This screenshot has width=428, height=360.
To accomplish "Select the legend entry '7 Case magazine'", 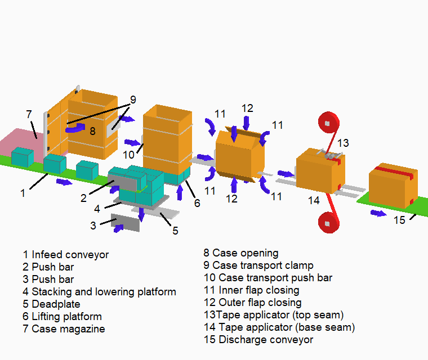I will [64, 329].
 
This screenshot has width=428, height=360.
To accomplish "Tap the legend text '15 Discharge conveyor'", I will [258, 340].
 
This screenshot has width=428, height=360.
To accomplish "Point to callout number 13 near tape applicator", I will [343, 142].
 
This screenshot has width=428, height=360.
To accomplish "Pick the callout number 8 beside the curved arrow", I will [93, 131].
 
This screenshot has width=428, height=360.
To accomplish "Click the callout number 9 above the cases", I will [133, 100].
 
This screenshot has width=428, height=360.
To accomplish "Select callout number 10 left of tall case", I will [129, 154].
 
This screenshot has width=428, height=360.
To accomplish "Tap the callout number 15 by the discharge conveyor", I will [399, 220].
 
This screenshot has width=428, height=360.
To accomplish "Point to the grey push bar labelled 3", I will [126, 223].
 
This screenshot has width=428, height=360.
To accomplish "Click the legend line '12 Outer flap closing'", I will [252, 303].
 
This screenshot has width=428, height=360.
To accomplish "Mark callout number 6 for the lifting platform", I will [197, 203].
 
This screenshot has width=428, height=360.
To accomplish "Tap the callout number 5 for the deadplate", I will [175, 231].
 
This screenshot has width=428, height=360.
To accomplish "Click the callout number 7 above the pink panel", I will [29, 114].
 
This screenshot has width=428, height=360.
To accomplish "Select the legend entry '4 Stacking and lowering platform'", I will [99, 292].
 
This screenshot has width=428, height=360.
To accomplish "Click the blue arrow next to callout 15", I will [378, 213].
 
